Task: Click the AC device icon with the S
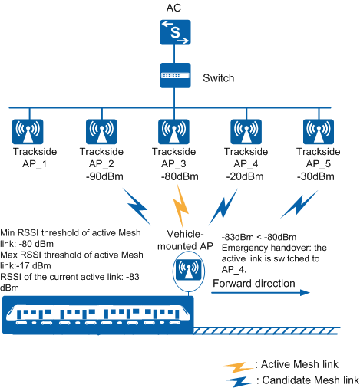point(175,32)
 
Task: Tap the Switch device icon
point(175,75)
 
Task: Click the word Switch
point(219,78)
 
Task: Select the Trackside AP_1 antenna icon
point(28,132)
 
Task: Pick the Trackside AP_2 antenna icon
point(101,132)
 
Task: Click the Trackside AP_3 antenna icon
point(173,132)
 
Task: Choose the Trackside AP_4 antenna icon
point(246,132)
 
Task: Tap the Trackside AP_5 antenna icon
point(319,132)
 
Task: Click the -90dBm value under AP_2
point(104,176)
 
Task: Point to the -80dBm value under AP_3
point(180,176)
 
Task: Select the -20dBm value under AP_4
point(245,176)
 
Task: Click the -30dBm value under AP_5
point(315,176)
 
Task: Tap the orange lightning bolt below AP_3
point(181,206)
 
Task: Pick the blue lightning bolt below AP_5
point(299,205)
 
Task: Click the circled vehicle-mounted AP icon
point(189,271)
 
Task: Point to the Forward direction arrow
point(260,293)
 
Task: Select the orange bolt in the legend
point(239,367)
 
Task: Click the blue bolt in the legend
point(239,382)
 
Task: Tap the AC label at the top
point(173,8)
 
